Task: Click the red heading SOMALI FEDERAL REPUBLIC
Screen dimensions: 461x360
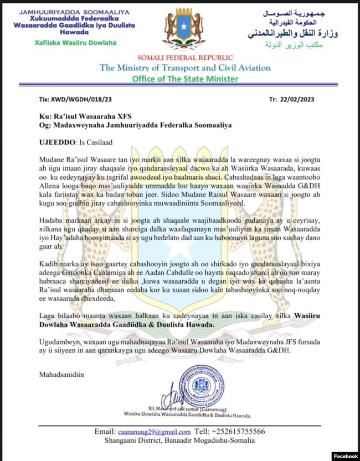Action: [181, 57]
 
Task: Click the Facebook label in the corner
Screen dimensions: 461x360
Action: [345, 456]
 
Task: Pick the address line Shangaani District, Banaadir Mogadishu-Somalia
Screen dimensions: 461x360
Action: [181, 441]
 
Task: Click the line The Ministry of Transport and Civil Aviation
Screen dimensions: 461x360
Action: [185, 68]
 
